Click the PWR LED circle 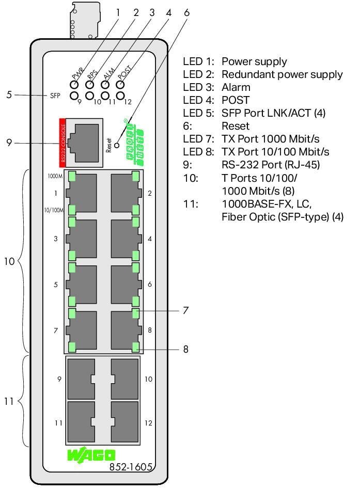[x=74, y=85]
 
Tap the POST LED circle [x=120, y=85]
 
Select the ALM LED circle [x=105, y=85]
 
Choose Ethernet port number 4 [x=126, y=239]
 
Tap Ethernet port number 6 [x=126, y=284]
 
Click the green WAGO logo [x=91, y=455]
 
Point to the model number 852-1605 [x=131, y=467]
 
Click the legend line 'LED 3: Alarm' [x=216, y=87]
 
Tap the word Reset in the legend [x=236, y=126]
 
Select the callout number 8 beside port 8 [x=185, y=349]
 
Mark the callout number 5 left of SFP [x=9, y=95]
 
